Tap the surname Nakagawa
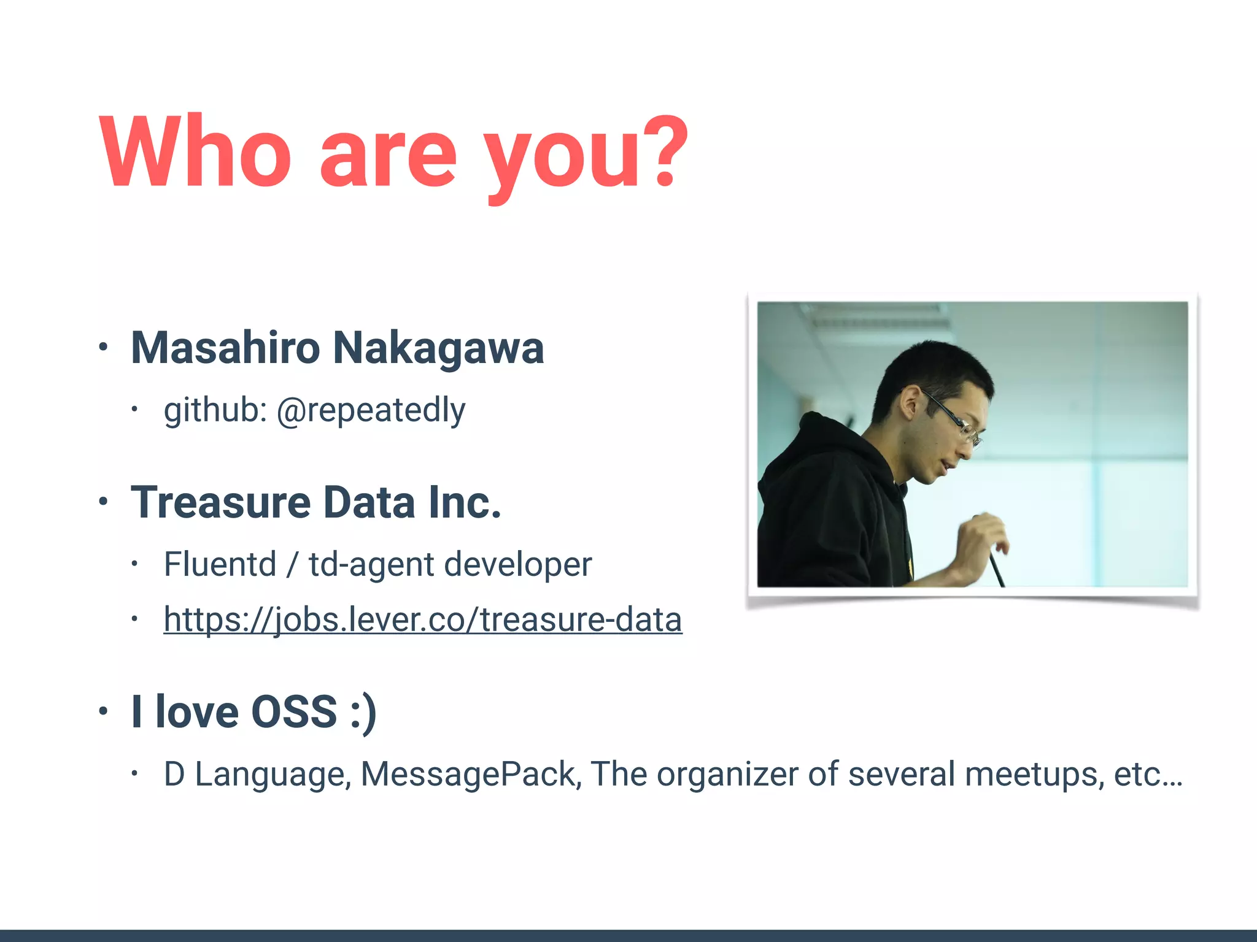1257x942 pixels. [x=438, y=348]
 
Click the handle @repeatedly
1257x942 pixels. [x=371, y=410]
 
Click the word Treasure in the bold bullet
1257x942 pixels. [x=221, y=502]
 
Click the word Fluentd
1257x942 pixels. [x=220, y=564]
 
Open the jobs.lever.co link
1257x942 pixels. [x=423, y=619]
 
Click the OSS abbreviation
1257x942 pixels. [x=294, y=711]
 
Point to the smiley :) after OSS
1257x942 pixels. [x=363, y=713]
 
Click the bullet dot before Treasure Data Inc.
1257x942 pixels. [x=103, y=502]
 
